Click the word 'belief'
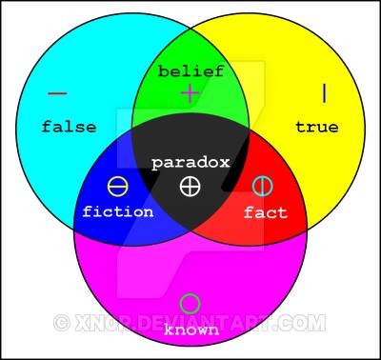tap(191, 71)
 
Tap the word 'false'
tap(69, 127)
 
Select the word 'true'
tap(317, 127)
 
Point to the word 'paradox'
tap(190, 163)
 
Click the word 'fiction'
tap(118, 211)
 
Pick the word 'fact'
tap(266, 212)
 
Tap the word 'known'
tap(191, 330)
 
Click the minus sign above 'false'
tap(57, 93)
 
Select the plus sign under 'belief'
tap(190, 93)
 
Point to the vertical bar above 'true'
tap(324, 93)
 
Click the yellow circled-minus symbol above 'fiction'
tap(118, 187)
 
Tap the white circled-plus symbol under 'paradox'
tap(190, 187)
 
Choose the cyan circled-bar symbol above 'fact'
tap(262, 187)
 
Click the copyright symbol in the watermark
tap(62, 323)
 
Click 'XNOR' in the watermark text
tap(103, 323)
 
